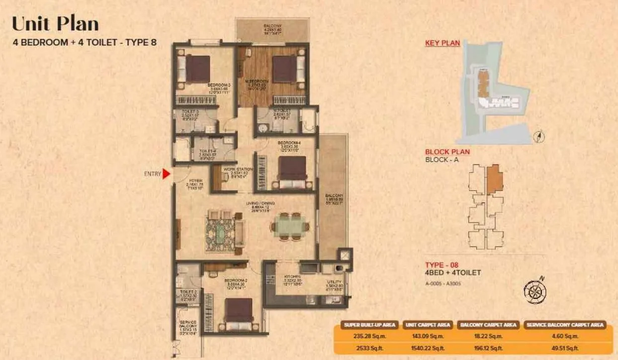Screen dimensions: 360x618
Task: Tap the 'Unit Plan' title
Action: coord(55,23)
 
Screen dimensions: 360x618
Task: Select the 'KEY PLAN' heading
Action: coord(442,43)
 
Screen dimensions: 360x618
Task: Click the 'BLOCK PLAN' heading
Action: coord(447,152)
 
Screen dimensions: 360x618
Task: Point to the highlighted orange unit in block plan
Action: coord(495,179)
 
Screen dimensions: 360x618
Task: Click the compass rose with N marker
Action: coord(535,291)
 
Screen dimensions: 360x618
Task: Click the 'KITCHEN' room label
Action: coord(292,276)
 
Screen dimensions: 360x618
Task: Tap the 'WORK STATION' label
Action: coord(238,170)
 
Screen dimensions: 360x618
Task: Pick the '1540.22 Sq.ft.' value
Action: coord(427,348)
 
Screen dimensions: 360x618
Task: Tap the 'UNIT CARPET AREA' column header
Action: coord(427,325)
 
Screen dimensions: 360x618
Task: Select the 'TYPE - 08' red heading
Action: coord(442,264)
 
